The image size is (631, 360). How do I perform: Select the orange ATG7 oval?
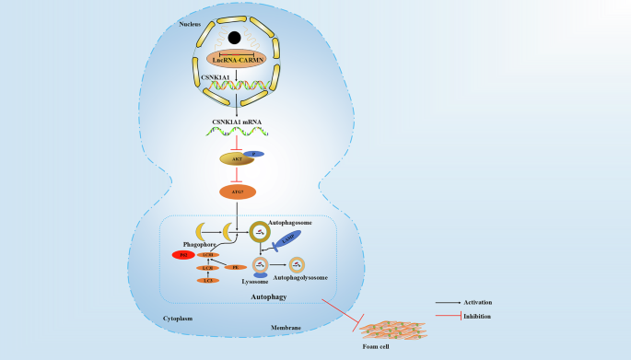pyautogui.click(x=237, y=192)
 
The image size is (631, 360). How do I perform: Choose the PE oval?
pyautogui.click(x=235, y=267)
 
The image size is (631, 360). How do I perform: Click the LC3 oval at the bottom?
pyautogui.click(x=209, y=280)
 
